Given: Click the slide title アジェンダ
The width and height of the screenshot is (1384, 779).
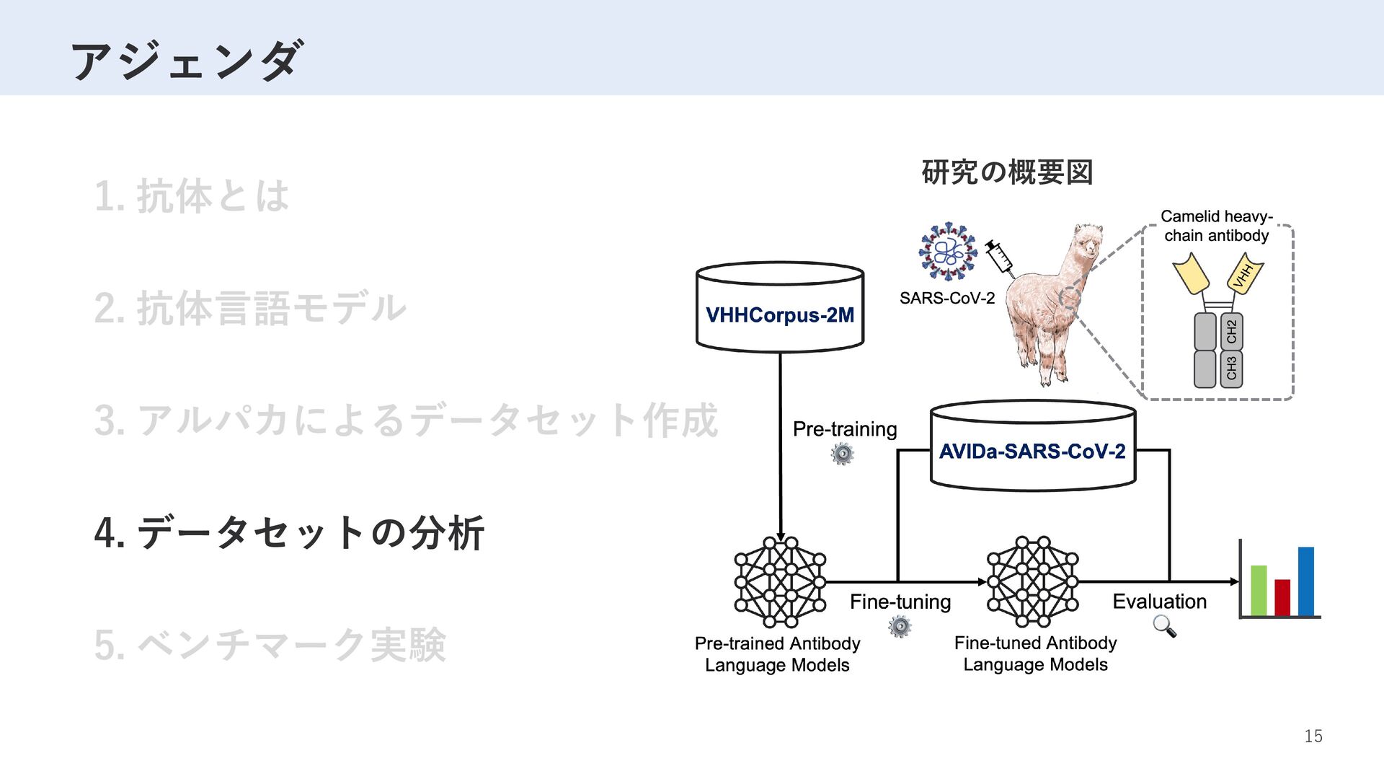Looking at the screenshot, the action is pos(186,61).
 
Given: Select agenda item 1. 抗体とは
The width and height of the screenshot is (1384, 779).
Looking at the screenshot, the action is pos(192,196).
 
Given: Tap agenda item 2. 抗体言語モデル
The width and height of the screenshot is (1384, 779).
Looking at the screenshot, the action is pos(251,308).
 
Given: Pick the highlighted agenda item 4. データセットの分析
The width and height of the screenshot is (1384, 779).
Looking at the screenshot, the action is pos(289,533).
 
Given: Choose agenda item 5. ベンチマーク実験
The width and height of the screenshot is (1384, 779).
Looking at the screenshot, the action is pos(270,645).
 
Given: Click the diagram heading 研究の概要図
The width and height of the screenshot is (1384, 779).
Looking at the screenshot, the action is pos(1007,172).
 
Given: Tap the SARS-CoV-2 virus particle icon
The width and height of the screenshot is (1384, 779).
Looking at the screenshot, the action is pos(948,251).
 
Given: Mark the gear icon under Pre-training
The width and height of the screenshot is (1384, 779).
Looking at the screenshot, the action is pos(842,454).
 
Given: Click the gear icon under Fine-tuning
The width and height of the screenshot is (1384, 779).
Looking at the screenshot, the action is pos(900,626).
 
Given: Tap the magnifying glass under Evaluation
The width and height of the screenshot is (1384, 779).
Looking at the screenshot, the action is pos(1164,626).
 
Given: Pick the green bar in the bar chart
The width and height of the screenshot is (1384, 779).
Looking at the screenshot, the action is pos(1259,590).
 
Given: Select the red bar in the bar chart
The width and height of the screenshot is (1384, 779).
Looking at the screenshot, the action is pos(1282,597).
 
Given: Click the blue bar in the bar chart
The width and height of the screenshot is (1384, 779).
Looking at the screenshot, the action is pos(1306,581).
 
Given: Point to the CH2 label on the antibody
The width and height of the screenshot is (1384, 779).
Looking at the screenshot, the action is pos(1231,331).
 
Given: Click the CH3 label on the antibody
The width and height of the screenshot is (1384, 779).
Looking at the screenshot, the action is pos(1231,368).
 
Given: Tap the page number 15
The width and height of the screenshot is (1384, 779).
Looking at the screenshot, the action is pos(1313,736).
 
